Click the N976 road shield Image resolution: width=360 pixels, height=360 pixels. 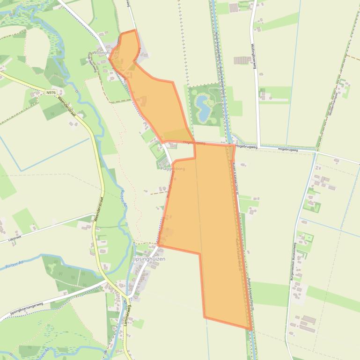click(x=51, y=93)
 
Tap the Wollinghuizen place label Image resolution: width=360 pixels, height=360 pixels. click(x=103, y=53)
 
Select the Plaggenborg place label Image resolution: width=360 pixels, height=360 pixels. click(x=172, y=168)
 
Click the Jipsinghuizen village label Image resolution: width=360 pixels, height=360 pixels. click(x=149, y=259)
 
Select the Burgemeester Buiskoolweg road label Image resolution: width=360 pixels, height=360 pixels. click(x=294, y=262)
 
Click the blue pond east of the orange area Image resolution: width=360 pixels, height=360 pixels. click(x=203, y=106)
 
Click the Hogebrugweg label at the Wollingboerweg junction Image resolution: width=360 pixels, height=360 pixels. click(x=247, y=146)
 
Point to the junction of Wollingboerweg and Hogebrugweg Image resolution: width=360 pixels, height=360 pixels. click(x=258, y=146)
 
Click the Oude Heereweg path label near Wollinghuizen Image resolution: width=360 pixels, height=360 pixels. click(x=93, y=63)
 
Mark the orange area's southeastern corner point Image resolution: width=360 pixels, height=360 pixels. click(x=250, y=329)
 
